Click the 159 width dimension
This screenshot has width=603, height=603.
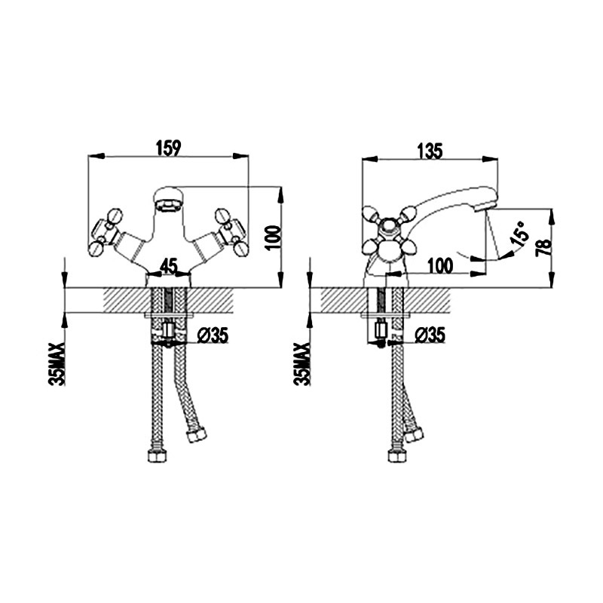point(168,148)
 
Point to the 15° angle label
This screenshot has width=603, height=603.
point(519,234)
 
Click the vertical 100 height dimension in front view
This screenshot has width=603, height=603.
point(273,237)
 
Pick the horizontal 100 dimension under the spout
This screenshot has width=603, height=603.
point(440,266)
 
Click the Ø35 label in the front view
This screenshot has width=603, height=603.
point(213,335)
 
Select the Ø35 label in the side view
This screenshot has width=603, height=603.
point(430,335)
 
